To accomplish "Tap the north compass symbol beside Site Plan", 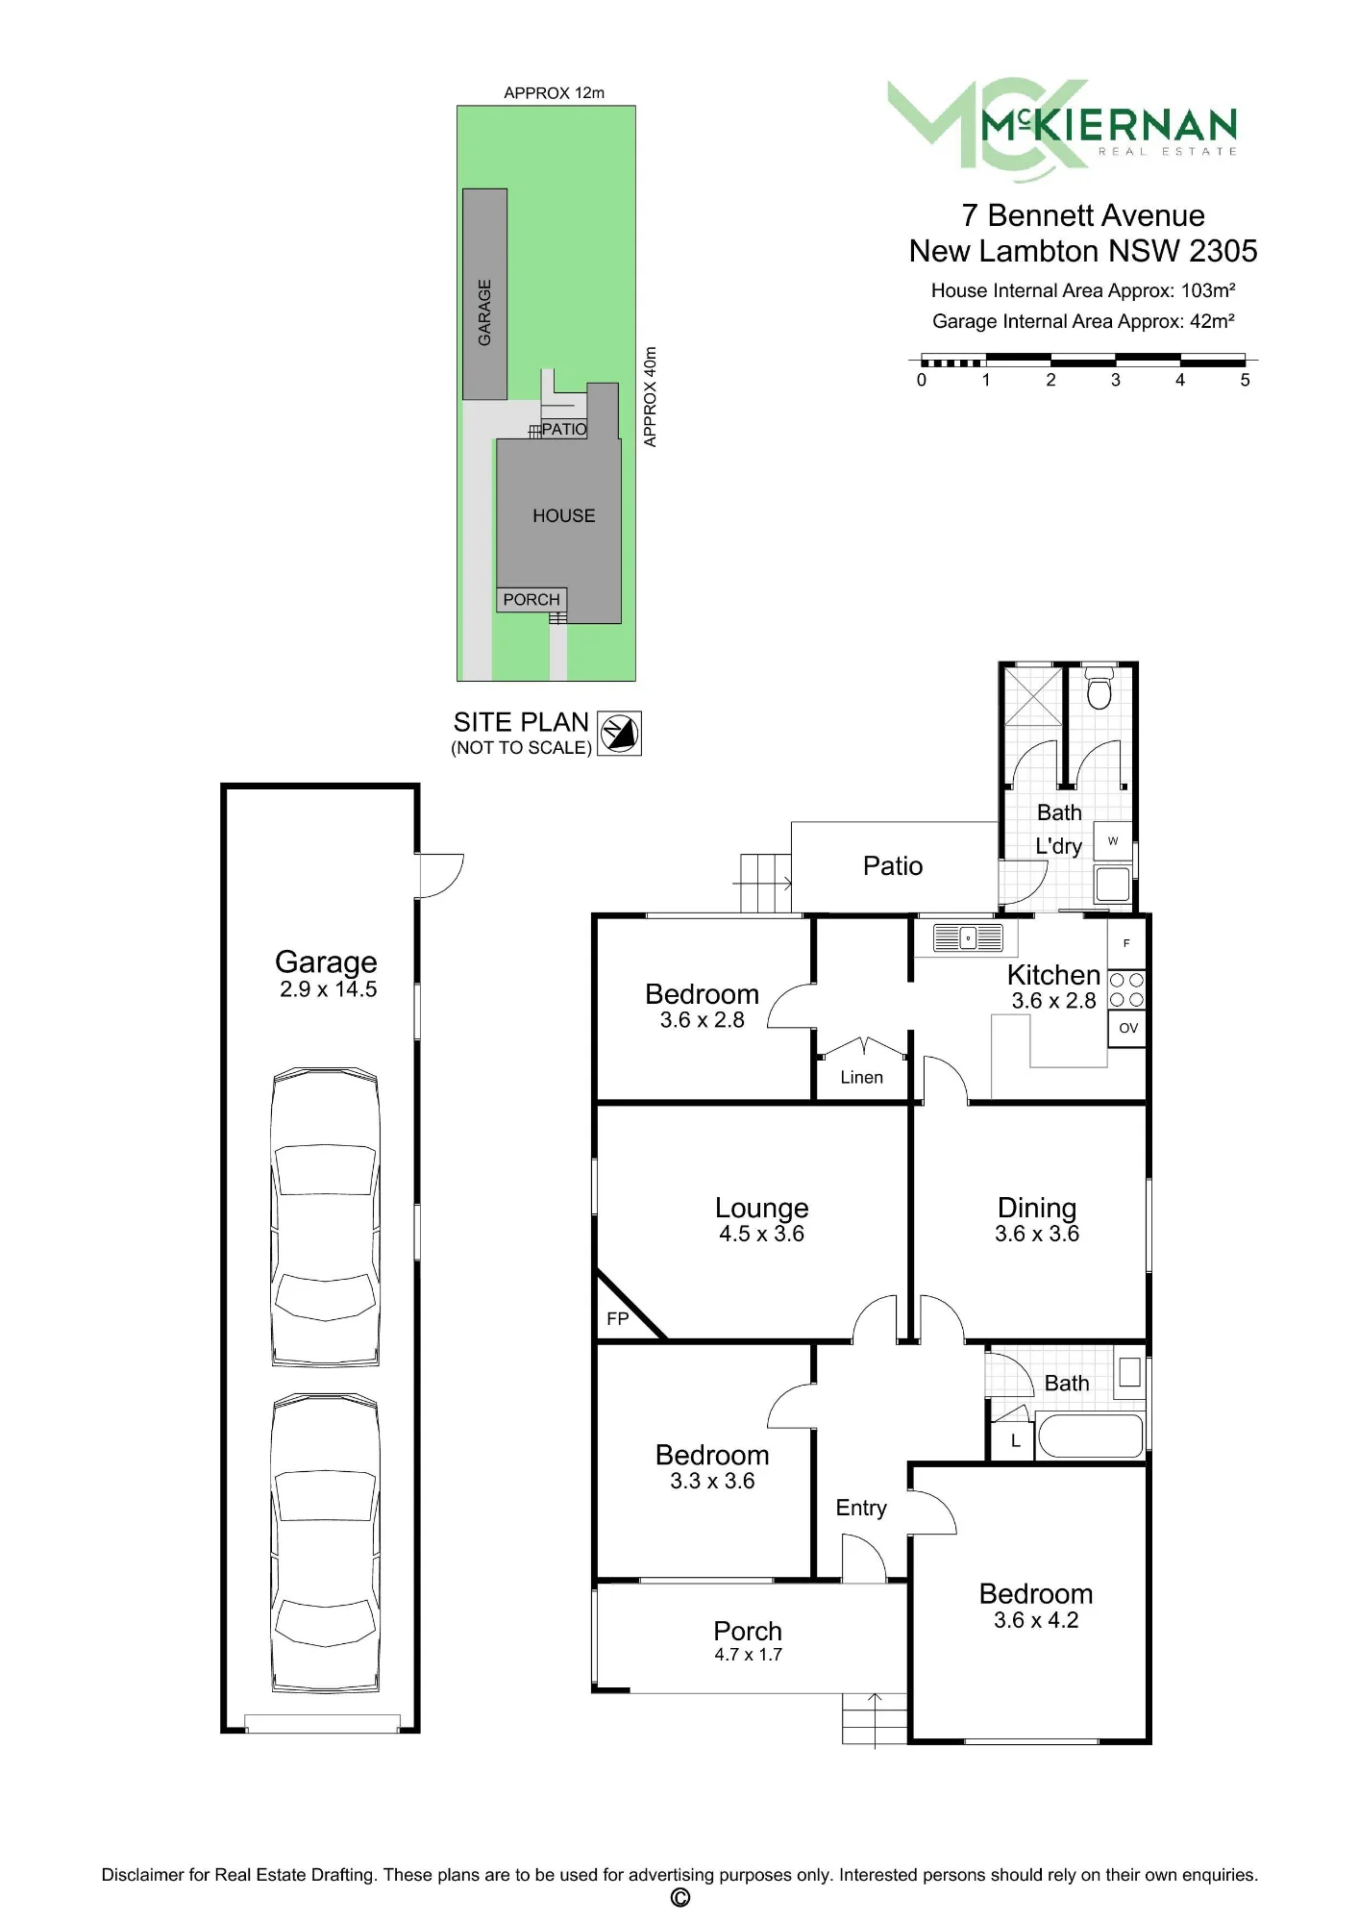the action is (x=619, y=734).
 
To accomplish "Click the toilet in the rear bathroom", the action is (x=1099, y=688).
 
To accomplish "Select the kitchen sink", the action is (x=968, y=937).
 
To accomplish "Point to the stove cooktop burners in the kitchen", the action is (x=1126, y=989).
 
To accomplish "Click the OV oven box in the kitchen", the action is (x=1127, y=1028).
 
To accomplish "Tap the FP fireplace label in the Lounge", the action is (x=617, y=1319).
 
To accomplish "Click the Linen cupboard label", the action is (x=861, y=1078).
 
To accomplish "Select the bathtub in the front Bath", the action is (x=1091, y=1436).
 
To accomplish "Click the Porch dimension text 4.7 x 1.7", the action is (x=748, y=1655).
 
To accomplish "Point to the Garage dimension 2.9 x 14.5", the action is (x=328, y=989).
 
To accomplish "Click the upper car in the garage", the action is (x=326, y=1216).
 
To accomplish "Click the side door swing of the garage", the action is (x=441, y=876).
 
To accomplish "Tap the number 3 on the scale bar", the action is (x=1115, y=381).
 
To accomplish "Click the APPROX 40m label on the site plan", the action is (x=651, y=397).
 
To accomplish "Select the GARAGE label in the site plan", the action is (x=484, y=312).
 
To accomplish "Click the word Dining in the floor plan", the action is (x=1037, y=1209).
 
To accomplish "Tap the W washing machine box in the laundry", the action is (x=1113, y=841).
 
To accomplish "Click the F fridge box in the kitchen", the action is (x=1126, y=943).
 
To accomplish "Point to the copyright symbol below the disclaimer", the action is (x=679, y=1897).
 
